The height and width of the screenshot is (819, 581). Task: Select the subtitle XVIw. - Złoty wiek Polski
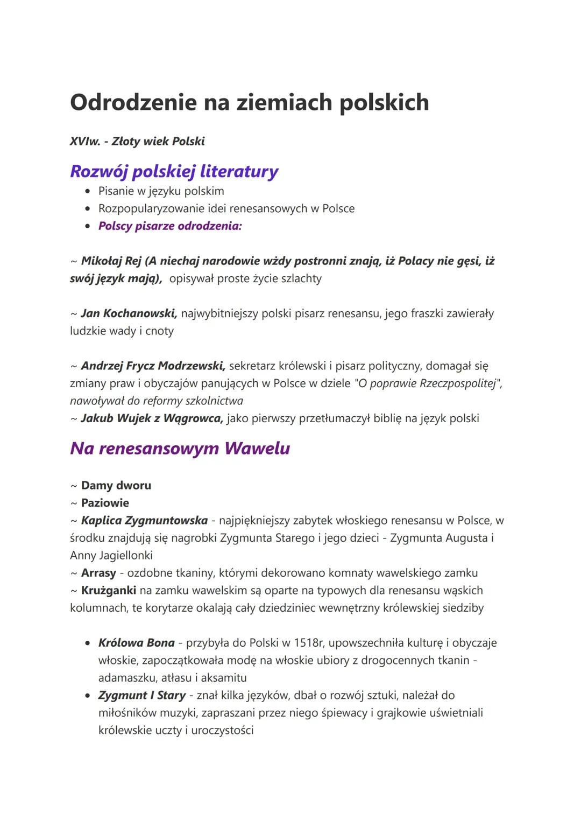(x=137, y=142)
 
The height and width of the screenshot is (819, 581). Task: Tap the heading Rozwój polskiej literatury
(x=174, y=171)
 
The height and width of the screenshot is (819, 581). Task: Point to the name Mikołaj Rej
(x=111, y=261)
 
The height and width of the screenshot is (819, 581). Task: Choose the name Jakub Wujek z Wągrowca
(x=152, y=418)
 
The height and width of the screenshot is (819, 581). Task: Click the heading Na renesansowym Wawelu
(x=180, y=448)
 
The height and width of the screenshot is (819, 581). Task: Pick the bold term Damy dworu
(x=116, y=486)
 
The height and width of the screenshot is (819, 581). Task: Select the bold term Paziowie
(x=105, y=503)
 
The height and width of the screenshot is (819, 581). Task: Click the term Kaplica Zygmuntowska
(x=144, y=521)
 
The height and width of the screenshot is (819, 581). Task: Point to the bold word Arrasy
(x=98, y=573)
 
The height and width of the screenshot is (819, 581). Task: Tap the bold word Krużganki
(x=108, y=591)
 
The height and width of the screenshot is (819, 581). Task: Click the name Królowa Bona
(x=137, y=643)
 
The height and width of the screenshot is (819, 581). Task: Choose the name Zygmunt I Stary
(x=142, y=695)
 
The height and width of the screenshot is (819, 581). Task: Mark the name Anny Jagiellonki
(x=111, y=555)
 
